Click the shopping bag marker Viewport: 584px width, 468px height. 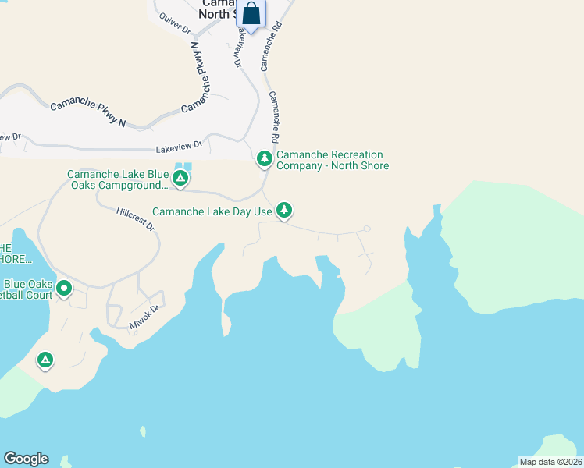click(x=251, y=14)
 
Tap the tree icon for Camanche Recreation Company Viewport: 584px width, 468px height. click(x=265, y=159)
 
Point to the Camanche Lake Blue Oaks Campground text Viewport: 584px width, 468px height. click(x=117, y=179)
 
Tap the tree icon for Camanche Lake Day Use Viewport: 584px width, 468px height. click(x=285, y=210)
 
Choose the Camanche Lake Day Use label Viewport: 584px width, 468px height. click(x=212, y=211)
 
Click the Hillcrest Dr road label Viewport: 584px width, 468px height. click(x=135, y=218)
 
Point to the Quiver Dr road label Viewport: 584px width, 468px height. click(x=174, y=23)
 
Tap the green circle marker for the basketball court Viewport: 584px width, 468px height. click(x=64, y=289)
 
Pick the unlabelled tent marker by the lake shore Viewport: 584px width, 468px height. click(x=45, y=360)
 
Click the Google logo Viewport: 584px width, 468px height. click(x=26, y=459)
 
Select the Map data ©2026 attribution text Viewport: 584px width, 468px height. click(x=550, y=461)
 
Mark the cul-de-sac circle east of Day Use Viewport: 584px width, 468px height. click(x=366, y=229)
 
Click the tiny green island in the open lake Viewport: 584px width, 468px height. click(x=142, y=431)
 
